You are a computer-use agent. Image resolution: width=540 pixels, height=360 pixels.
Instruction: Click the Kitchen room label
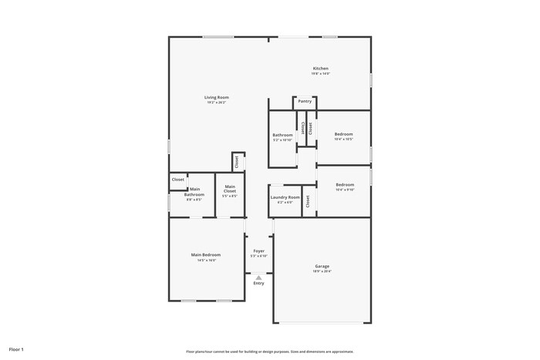click(320, 68)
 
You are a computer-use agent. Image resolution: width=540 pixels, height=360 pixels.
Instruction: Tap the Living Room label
click(217, 97)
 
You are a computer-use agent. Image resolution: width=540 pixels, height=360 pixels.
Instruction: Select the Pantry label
click(305, 101)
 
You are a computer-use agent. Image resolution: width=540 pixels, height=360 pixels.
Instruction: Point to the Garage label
click(320, 266)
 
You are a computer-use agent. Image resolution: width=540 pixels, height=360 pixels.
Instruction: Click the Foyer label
click(259, 251)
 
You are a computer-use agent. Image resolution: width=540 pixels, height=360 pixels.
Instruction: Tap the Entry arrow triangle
click(258, 278)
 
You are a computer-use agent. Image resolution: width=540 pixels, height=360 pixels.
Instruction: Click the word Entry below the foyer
click(258, 284)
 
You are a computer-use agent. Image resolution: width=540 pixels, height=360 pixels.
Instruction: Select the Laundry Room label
click(285, 197)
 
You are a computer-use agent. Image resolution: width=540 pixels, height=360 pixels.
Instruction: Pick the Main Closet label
click(230, 189)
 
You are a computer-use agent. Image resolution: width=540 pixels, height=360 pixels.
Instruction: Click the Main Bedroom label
click(206, 254)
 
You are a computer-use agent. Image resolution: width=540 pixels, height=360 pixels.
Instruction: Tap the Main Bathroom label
click(194, 192)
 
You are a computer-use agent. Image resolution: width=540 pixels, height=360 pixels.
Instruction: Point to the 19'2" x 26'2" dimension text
click(217, 103)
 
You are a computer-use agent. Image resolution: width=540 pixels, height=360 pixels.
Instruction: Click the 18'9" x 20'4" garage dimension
click(320, 271)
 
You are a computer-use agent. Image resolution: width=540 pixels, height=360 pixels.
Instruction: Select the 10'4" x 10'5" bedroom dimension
click(344, 140)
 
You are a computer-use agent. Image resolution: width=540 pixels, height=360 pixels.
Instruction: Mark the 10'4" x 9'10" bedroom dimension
click(345, 190)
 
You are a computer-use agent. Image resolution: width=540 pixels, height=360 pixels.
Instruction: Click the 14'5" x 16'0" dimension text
click(206, 260)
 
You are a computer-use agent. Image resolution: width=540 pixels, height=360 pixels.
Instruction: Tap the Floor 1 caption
click(16, 350)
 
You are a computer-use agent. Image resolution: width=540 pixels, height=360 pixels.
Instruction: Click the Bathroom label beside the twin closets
click(282, 135)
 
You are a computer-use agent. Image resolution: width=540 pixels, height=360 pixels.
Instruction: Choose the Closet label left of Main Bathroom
click(178, 180)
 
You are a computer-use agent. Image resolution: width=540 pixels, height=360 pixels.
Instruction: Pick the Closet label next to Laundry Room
click(308, 201)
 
